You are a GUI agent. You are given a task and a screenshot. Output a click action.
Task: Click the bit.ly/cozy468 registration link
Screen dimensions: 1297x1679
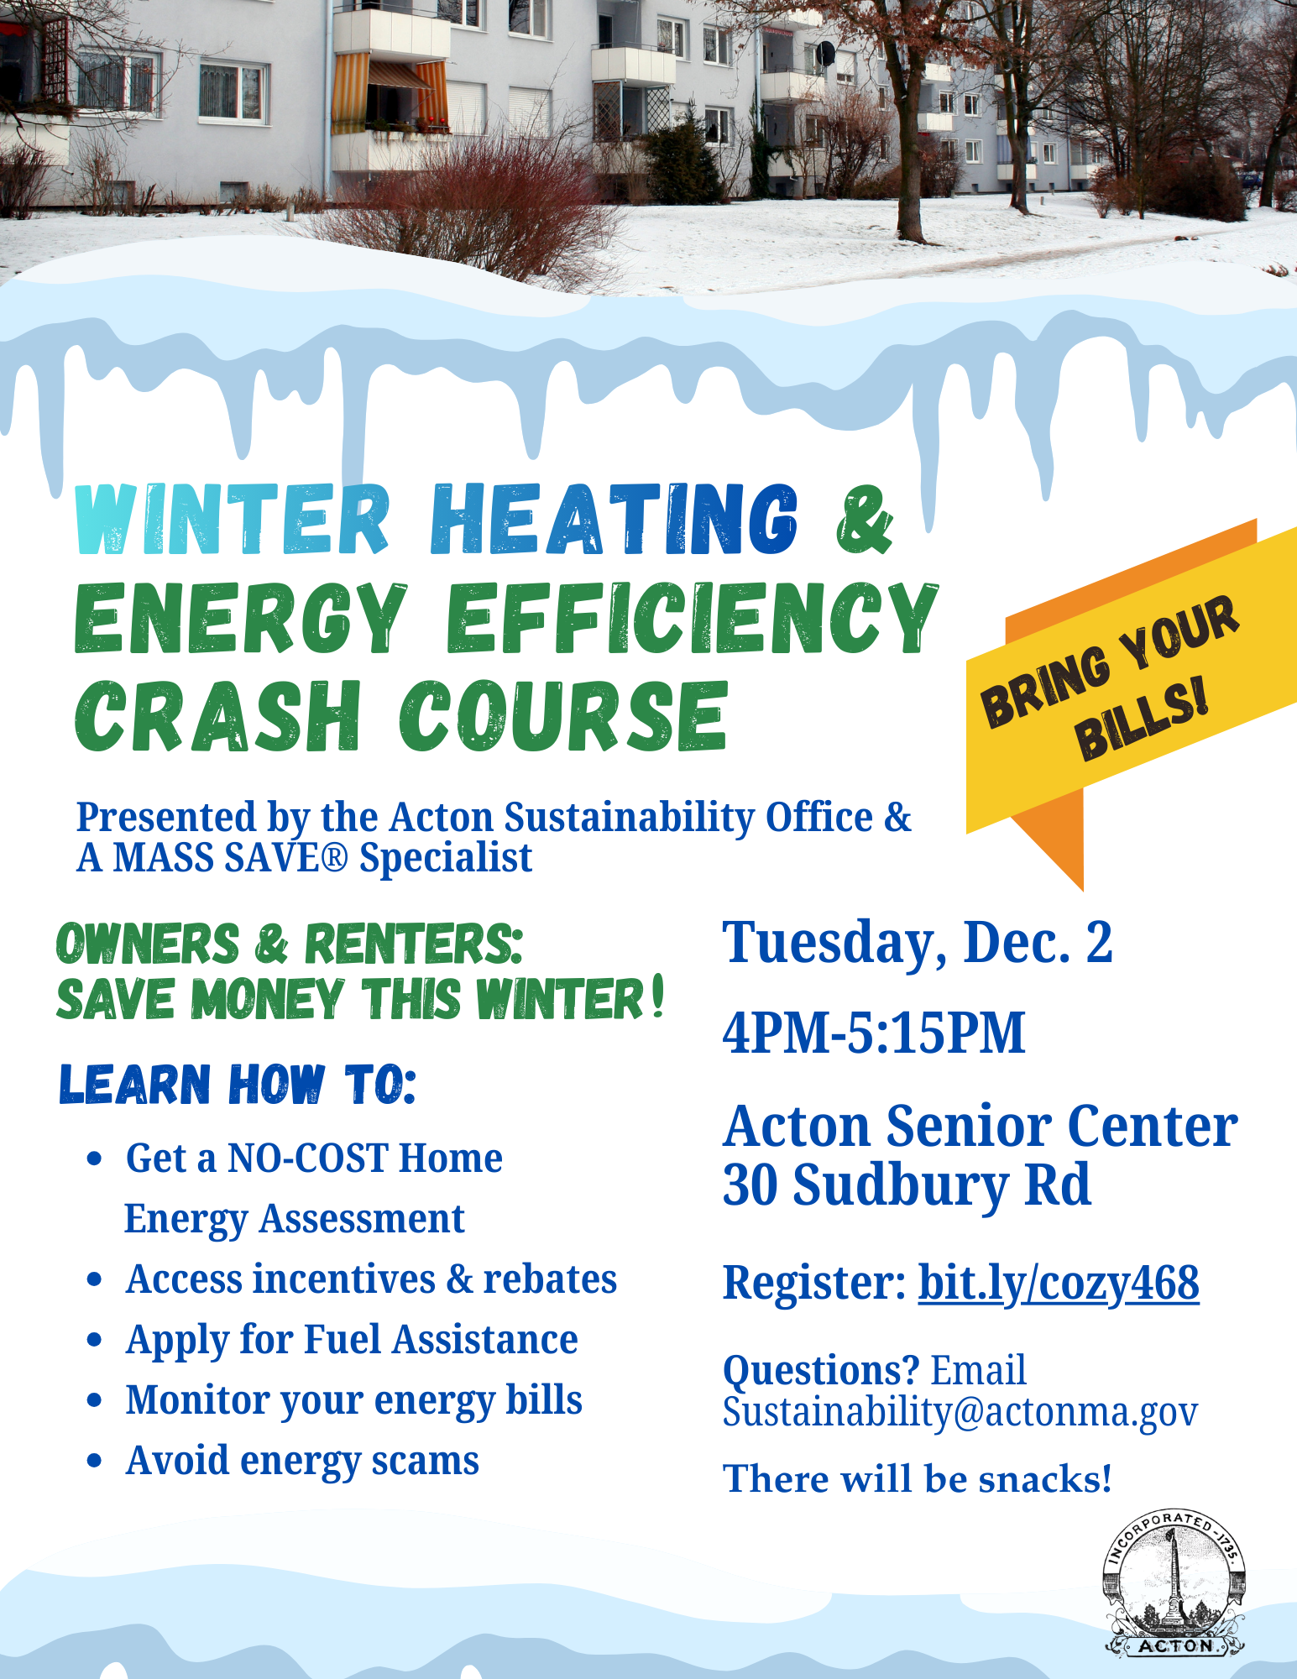(x=1059, y=1284)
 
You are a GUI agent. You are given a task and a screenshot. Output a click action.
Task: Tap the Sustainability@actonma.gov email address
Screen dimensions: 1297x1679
(x=960, y=1413)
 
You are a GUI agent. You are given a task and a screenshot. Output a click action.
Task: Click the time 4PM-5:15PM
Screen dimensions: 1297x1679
(x=874, y=1033)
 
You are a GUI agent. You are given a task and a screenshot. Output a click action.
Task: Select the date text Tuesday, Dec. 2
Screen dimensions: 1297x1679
(x=918, y=944)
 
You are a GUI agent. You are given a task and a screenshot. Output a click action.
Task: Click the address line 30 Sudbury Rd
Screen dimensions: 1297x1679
(x=907, y=1185)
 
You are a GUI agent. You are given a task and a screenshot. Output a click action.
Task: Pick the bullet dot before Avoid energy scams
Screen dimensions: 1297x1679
(x=95, y=1462)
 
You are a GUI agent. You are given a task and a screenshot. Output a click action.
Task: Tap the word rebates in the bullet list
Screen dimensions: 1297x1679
(x=550, y=1279)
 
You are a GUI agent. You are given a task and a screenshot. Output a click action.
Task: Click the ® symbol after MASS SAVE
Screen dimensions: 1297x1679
(x=334, y=858)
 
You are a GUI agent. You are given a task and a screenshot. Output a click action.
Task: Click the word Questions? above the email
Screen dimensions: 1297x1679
(x=822, y=1370)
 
